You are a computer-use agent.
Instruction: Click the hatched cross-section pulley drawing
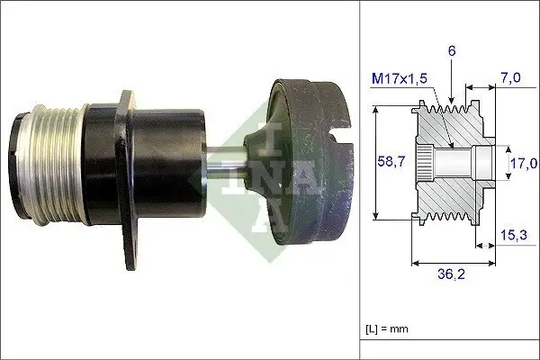click(450, 162)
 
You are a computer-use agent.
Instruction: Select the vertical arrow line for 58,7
click(373, 162)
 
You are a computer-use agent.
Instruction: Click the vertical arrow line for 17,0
click(501, 162)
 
